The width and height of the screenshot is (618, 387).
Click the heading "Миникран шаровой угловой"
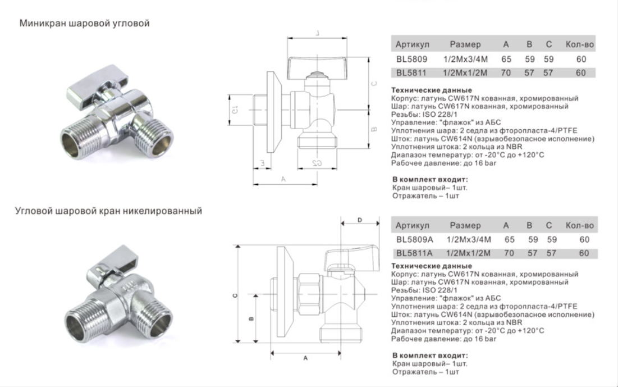click(84, 23)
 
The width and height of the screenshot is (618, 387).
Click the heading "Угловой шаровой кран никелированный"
click(108, 211)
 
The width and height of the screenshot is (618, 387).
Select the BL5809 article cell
click(411, 59)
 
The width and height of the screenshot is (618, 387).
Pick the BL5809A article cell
click(415, 239)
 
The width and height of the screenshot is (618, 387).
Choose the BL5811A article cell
click(414, 253)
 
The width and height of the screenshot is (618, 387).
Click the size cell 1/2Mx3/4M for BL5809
click(465, 59)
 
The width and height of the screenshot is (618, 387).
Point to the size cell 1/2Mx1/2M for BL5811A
click(468, 253)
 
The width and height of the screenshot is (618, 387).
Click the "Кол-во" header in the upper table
click(579, 44)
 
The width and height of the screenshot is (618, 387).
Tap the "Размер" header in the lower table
click(465, 225)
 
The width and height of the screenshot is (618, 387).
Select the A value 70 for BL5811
click(506, 72)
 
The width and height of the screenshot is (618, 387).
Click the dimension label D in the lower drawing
click(359, 220)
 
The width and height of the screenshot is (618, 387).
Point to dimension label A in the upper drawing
click(283, 179)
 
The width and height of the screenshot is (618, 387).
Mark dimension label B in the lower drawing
click(251, 318)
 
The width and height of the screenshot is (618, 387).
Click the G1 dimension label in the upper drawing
click(235, 110)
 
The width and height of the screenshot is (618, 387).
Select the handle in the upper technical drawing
click(317, 66)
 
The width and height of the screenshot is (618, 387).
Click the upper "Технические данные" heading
click(431, 90)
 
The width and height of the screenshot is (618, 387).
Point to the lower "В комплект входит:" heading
click(430, 356)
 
